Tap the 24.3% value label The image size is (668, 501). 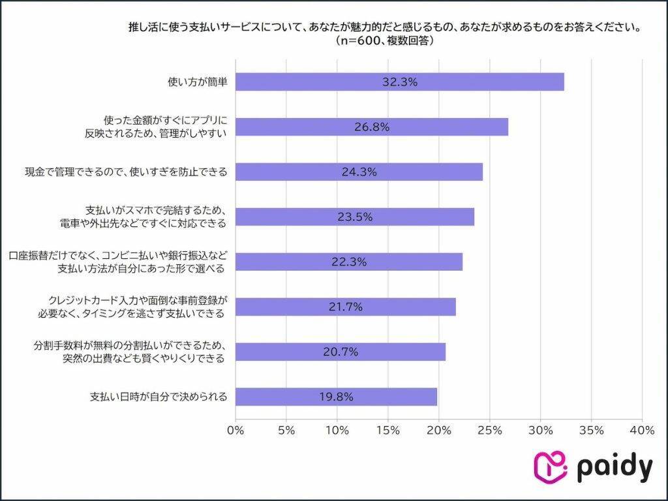pos(359,172)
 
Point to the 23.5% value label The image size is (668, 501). pos(355,217)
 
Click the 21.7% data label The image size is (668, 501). pos(345,307)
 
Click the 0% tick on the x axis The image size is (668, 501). pos(235,431)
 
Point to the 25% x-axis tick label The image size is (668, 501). pos(489,431)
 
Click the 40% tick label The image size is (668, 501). pos(642,431)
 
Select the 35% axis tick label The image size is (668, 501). pos(591,431)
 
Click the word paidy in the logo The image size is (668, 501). pos(615,467)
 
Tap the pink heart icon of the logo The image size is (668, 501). pos(550,467)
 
